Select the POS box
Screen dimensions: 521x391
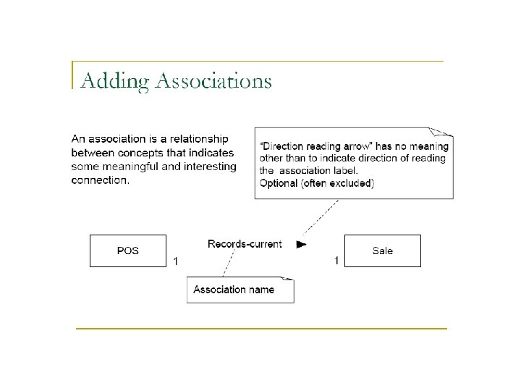point(128,251)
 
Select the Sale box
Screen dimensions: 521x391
point(382,251)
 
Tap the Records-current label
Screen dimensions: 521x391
point(245,244)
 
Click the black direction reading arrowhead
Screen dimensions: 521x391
point(301,245)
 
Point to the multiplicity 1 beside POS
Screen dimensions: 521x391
point(175,261)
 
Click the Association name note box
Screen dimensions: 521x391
point(240,290)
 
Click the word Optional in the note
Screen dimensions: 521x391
point(278,183)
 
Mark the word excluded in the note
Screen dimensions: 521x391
point(350,183)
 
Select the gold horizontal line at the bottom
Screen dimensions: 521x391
point(261,329)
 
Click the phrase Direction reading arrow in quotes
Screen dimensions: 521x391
point(310,146)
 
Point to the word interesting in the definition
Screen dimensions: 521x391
point(206,167)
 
